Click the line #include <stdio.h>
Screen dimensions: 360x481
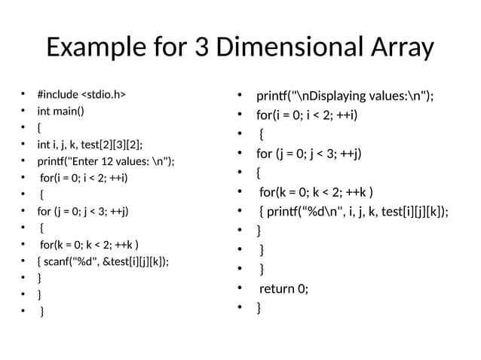81,95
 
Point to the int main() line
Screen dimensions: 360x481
61,111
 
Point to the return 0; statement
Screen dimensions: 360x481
283,288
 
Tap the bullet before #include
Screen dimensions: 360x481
23,95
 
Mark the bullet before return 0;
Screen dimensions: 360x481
238,288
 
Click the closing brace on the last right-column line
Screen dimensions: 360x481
259,307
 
